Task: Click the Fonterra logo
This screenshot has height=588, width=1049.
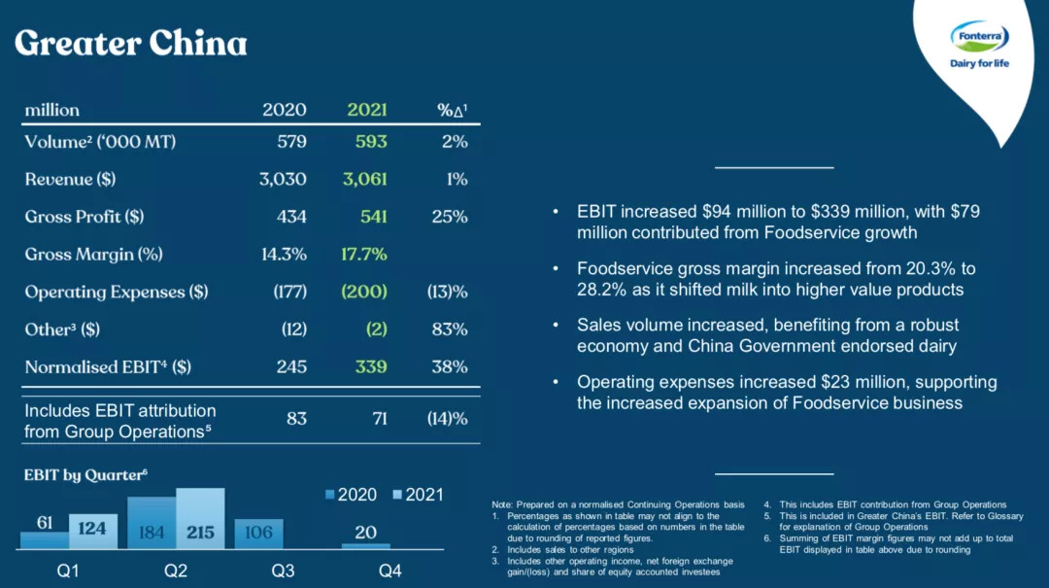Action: click(979, 45)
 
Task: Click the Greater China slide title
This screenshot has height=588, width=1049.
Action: click(131, 44)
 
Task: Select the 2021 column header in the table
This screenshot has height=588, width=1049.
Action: click(367, 110)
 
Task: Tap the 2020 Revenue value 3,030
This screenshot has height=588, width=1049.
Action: click(283, 179)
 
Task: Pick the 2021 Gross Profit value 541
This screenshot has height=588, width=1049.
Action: click(373, 217)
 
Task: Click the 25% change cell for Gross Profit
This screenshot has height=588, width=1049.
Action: click(450, 217)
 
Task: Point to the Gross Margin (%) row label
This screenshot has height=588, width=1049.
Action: click(94, 255)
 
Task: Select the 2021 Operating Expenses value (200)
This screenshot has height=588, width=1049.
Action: click(364, 292)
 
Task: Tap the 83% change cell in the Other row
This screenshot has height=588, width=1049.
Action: click(450, 329)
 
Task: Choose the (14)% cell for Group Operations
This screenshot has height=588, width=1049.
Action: click(448, 419)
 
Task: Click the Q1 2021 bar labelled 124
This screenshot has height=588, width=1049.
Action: click(92, 531)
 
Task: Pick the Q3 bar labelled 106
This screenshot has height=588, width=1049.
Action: click(258, 533)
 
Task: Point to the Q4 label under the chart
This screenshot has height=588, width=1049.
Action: click(389, 571)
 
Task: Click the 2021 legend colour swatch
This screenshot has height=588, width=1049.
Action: click(396, 495)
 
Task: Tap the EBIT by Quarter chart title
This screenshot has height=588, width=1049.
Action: click(85, 474)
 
